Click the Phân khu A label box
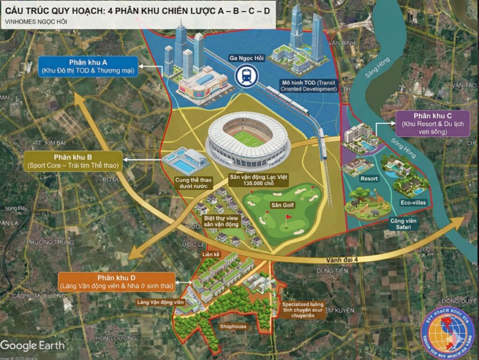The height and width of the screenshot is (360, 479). point(88,66)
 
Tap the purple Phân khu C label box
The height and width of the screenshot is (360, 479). point(432,124)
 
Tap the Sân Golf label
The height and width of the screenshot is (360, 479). point(280,205)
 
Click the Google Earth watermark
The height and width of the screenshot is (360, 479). point(32,346)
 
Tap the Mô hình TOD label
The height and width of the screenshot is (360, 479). point(309,85)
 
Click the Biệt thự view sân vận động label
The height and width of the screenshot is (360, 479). point(221,222)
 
